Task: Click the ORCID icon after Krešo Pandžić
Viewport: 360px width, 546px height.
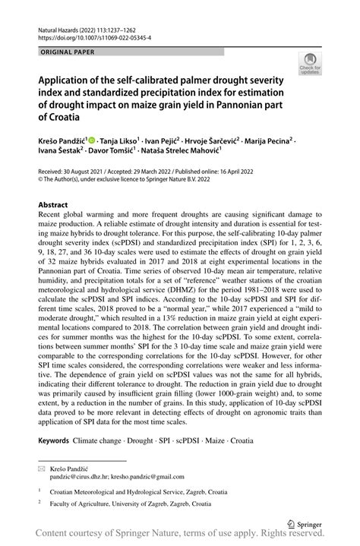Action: [x=93, y=141]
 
